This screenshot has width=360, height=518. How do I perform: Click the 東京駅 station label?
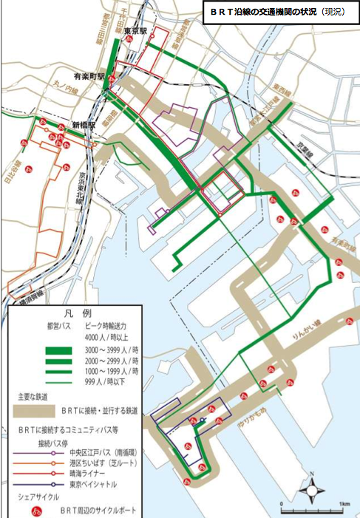click(138, 30)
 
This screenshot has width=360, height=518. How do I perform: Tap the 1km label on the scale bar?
click(344, 503)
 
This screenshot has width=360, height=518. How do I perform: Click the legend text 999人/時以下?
click(112, 383)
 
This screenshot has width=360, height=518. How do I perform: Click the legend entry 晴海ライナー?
click(87, 472)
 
